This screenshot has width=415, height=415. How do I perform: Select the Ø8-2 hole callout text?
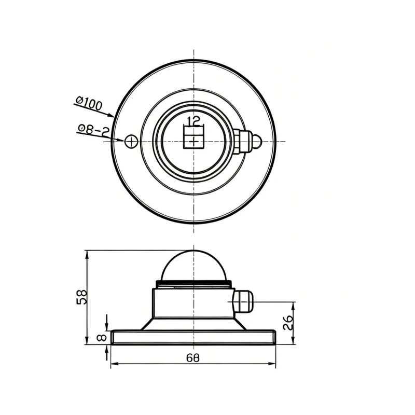[93, 130]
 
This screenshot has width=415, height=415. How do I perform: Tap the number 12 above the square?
[193, 121]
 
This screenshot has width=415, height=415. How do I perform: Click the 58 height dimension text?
[81, 297]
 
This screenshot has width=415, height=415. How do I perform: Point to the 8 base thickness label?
[102, 337]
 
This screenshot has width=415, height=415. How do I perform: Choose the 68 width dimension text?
[192, 358]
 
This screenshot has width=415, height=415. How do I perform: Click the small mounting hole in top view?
[131, 141]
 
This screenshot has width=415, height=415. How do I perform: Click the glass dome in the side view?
[193, 266]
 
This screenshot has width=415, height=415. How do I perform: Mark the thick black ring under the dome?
[193, 284]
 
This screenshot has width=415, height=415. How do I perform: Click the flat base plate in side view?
[193, 337]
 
